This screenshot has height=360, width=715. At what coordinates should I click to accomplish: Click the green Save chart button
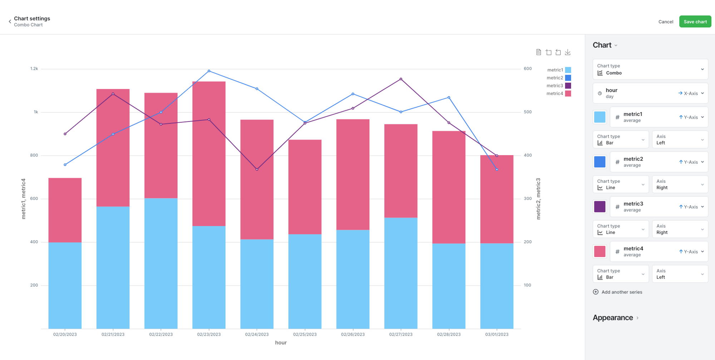coord(695,22)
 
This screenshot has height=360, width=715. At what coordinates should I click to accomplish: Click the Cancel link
coord(665,22)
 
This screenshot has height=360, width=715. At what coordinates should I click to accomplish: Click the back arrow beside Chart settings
coord(10,22)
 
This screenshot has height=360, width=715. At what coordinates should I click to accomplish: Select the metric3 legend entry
coord(558,86)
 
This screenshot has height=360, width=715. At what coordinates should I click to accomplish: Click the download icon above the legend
coord(567,53)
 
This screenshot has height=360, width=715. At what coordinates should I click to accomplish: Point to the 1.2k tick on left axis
coord(34,69)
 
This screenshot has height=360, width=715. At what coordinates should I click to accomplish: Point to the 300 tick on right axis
coord(527,199)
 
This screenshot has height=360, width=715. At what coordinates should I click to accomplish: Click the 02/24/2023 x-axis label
coord(257,335)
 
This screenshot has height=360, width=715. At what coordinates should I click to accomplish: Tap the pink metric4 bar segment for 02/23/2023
coord(209,154)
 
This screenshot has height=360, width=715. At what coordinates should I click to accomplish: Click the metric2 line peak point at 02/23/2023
coord(209,71)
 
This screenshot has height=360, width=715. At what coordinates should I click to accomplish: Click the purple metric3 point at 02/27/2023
coord(401,79)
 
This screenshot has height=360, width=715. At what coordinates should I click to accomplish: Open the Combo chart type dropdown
coord(650,69)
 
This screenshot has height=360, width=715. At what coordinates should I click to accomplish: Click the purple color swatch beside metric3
coord(600,207)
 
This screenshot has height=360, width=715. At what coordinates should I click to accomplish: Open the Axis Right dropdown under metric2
coord(680,184)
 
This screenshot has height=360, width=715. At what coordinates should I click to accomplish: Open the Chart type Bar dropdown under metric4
coord(620,274)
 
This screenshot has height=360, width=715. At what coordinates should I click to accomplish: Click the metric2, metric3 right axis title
coord(538,199)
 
